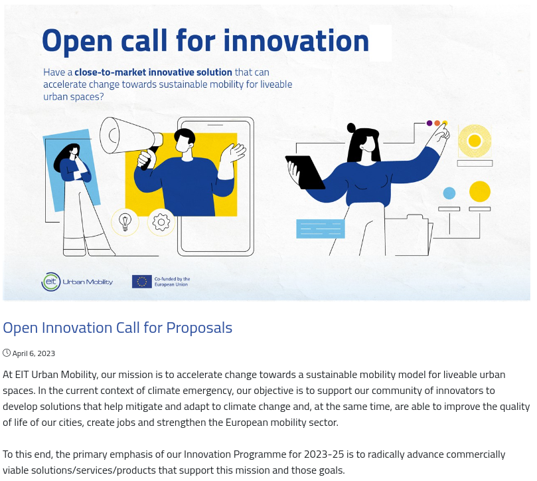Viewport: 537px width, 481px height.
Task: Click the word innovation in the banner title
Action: [x=296, y=41]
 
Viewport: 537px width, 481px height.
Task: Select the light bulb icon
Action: [x=125, y=222]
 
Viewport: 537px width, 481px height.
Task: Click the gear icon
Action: [x=161, y=222]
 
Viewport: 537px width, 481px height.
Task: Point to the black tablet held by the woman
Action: [x=305, y=172]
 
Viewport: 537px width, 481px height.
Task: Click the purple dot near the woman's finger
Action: [x=429, y=123]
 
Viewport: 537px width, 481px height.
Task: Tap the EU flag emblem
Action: [x=142, y=282]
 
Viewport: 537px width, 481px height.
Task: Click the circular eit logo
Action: [x=50, y=282]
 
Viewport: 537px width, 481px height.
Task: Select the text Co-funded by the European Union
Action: [x=172, y=282]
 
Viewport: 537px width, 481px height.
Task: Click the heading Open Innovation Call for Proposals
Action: [x=117, y=328]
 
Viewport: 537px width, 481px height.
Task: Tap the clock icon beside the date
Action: [x=7, y=353]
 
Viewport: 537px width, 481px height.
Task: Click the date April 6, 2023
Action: [x=34, y=353]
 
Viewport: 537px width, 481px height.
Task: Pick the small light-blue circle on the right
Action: [x=449, y=193]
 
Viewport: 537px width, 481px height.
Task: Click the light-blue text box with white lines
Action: [x=320, y=229]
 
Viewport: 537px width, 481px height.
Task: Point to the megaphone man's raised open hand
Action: [x=232, y=153]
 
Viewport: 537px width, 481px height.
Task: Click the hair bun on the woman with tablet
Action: [x=351, y=128]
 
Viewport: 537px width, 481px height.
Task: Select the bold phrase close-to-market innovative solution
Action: [x=153, y=72]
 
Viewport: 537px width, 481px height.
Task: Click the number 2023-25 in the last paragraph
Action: [x=324, y=454]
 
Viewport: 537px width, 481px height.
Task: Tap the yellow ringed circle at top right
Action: [x=475, y=141]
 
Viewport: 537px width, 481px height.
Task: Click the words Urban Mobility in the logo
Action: [x=88, y=282]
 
